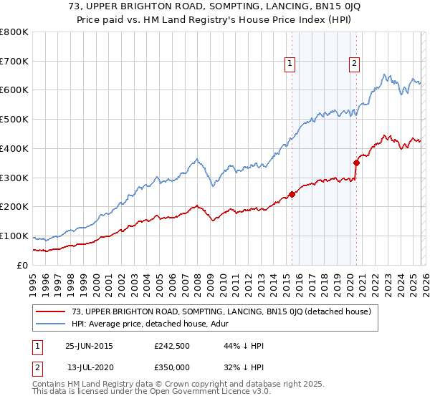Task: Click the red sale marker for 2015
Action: [x=292, y=194]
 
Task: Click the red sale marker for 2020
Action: [x=356, y=163]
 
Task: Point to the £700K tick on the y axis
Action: [x=14, y=61]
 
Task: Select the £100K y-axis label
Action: [x=14, y=236]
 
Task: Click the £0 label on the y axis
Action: [x=21, y=265]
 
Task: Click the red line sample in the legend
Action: [x=51, y=311]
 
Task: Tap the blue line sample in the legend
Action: [x=51, y=324]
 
